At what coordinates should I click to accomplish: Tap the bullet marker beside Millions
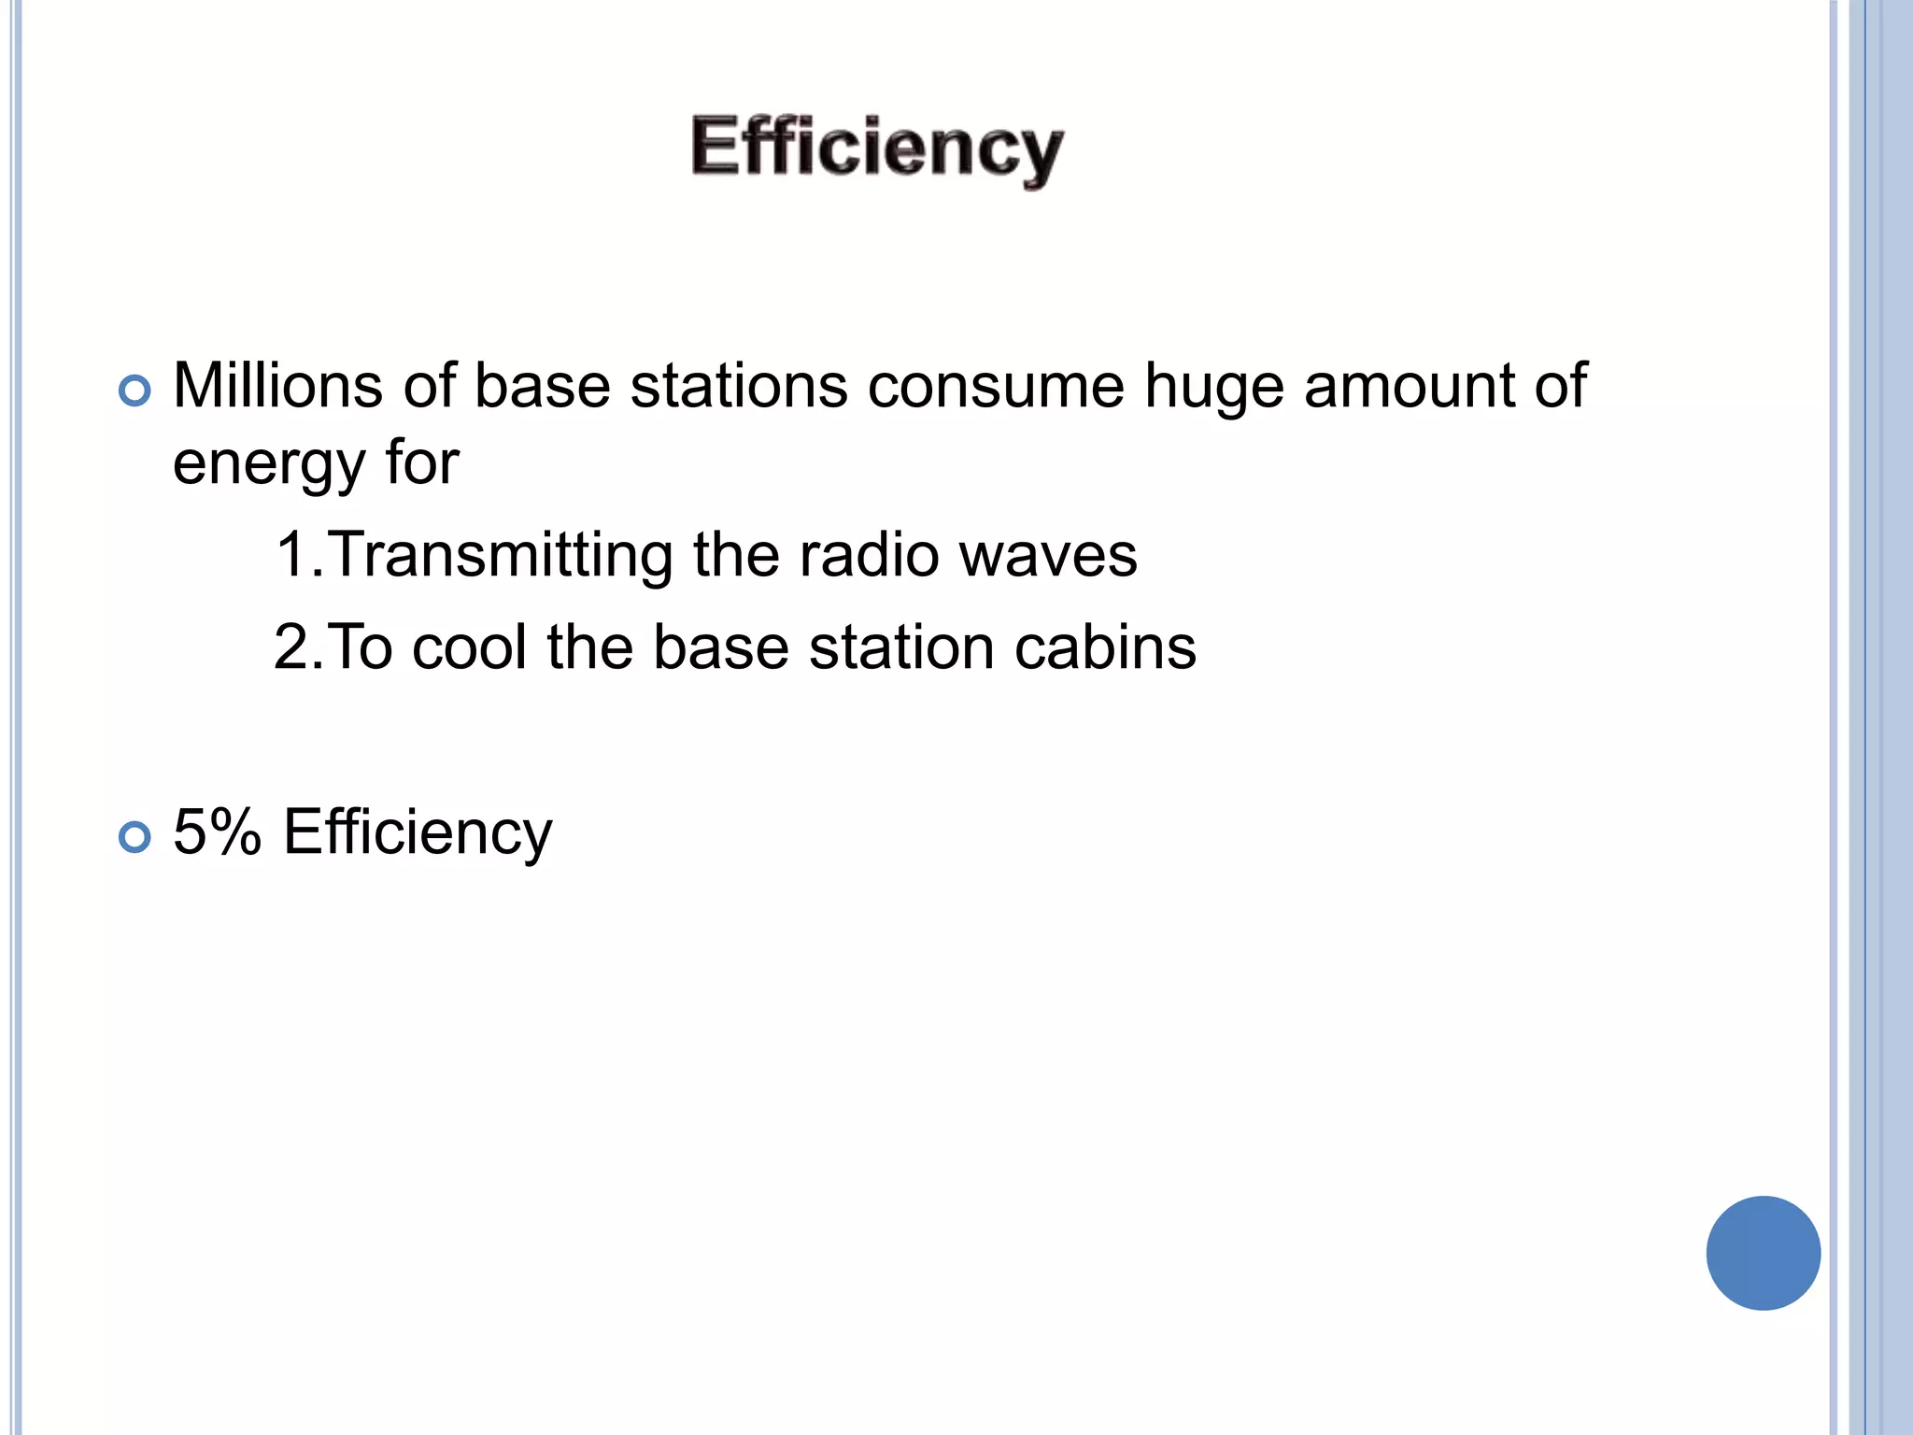pos(135,391)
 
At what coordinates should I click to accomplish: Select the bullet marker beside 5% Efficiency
pos(135,836)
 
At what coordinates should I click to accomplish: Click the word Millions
pos(277,386)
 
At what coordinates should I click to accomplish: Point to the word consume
pos(996,388)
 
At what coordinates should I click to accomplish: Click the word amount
pos(1411,386)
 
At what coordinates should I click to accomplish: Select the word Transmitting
pos(500,556)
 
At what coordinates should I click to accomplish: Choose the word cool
pos(470,647)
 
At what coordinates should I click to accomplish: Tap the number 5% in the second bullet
pos(217,831)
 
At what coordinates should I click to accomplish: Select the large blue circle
pos(1763,1253)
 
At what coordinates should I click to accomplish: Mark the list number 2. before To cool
pos(297,647)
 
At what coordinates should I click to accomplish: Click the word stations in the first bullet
pos(739,386)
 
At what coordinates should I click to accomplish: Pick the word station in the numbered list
pos(901,647)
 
